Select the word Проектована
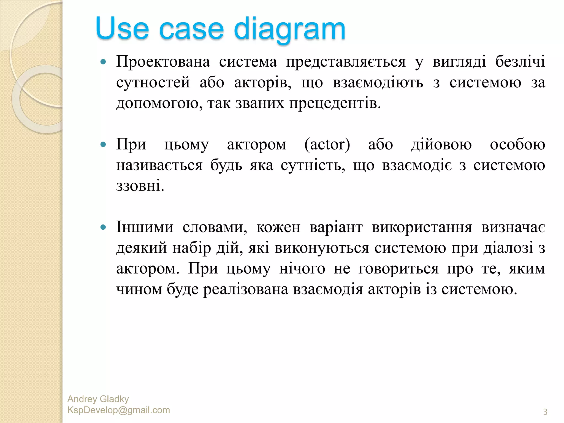click(163, 61)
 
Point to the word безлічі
click(520, 61)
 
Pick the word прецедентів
click(335, 104)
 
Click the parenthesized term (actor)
click(327, 145)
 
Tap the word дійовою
click(441, 145)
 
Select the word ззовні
click(140, 186)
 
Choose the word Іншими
click(145, 227)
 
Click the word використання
click(422, 228)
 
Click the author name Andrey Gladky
click(98, 399)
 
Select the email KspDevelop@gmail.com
click(118, 410)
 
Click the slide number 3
click(545, 412)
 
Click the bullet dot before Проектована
click(103, 62)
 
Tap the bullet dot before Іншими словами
click(103, 227)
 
